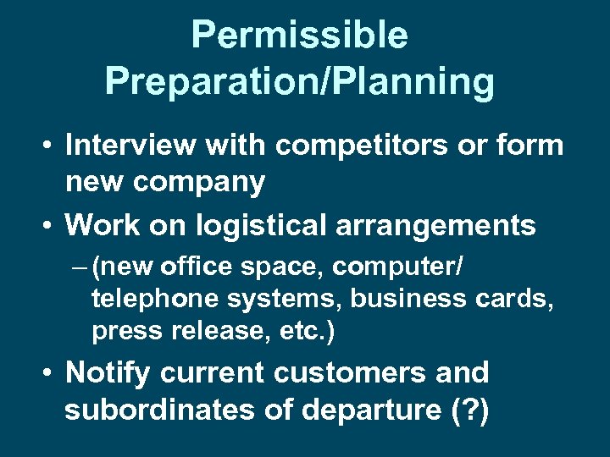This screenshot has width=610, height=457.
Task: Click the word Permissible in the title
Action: tap(299, 36)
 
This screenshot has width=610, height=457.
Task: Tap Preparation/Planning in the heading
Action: tap(299, 82)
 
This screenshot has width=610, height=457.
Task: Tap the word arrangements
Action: tap(449, 225)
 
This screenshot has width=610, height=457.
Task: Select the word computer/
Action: tap(397, 267)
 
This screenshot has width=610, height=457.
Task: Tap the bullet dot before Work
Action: tap(47, 226)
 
